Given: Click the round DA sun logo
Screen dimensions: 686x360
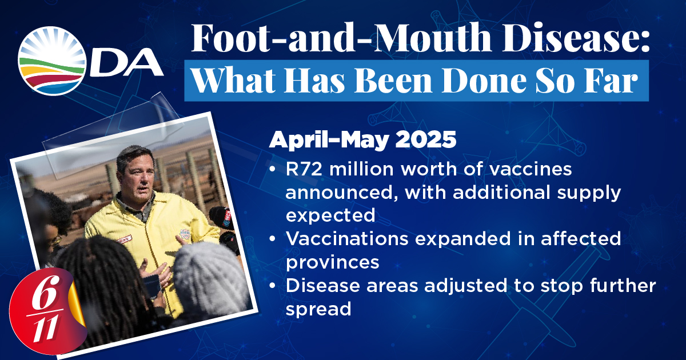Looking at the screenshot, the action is coord(52,61).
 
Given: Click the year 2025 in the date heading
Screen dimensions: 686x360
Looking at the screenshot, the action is coord(426,140).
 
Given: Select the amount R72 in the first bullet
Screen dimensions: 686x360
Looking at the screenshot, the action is coord(304,169).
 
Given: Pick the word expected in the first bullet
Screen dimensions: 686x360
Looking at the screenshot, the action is coord(330,215).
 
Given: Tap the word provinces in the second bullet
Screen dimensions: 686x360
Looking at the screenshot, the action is coord(333,262).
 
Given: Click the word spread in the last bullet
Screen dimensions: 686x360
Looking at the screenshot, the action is coord(318,309).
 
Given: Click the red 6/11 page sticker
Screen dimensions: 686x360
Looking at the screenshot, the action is coord(46,311).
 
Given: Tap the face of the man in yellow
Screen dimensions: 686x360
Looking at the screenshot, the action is coord(138,179).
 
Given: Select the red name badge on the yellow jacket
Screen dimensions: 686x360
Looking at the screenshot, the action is coord(125,239).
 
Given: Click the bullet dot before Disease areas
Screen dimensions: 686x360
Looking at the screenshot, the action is coord(272,286).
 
